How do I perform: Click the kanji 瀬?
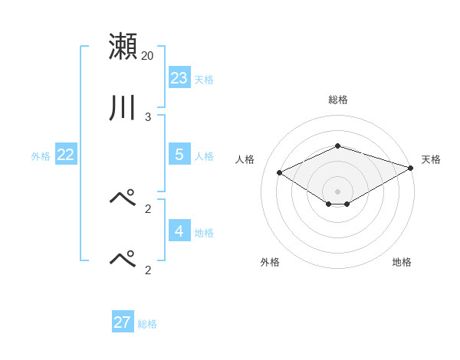coord(123,46)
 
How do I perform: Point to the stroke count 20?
coord(147,56)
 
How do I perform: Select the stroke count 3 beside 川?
coord(147,117)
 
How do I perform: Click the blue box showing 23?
coord(179,77)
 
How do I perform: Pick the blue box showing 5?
coord(179,154)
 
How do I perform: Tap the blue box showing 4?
coord(179,231)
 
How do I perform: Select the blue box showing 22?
coord(65,155)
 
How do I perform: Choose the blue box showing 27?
coord(122,322)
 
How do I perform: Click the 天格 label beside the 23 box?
coord(204,80)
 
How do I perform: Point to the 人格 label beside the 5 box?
coord(204,156)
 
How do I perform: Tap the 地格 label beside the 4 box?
coord(204,233)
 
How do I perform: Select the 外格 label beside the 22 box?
coord(41,156)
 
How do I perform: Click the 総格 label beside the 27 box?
coord(147,325)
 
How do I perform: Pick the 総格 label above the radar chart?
coord(337,100)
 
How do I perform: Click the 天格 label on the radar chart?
coord(431,159)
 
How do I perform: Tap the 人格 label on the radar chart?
coord(245,159)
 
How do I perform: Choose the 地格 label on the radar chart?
coord(402,262)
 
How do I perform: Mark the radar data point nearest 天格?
coord(411,168)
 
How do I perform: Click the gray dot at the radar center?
coord(337,191)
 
